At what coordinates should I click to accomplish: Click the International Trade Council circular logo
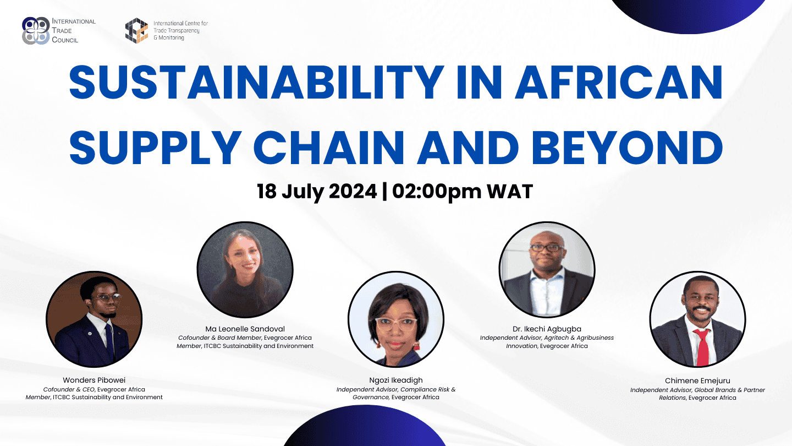coord(36,31)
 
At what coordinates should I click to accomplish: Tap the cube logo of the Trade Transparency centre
coord(136,31)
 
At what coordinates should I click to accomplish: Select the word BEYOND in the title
coord(627,148)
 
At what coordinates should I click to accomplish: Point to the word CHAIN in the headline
coord(329,148)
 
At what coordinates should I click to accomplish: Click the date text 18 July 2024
coord(317,192)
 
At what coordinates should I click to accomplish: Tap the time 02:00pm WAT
coord(463,192)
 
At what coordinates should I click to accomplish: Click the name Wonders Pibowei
coord(94,380)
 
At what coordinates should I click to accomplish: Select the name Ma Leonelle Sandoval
coord(245,329)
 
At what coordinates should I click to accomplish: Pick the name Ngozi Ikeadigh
coord(396,380)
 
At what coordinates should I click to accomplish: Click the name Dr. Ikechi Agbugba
coord(547,329)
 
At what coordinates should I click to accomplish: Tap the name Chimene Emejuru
coord(697,381)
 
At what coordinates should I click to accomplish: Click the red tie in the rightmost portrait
coord(702,347)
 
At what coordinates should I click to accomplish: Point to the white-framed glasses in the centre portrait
coord(396,324)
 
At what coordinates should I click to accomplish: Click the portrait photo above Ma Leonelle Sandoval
coord(245,270)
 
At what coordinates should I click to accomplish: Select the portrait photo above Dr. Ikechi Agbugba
coord(547,270)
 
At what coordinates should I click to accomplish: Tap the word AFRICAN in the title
coord(619,83)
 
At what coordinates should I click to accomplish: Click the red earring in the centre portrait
coord(416,345)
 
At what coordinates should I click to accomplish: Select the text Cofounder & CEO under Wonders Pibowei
coord(69,389)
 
